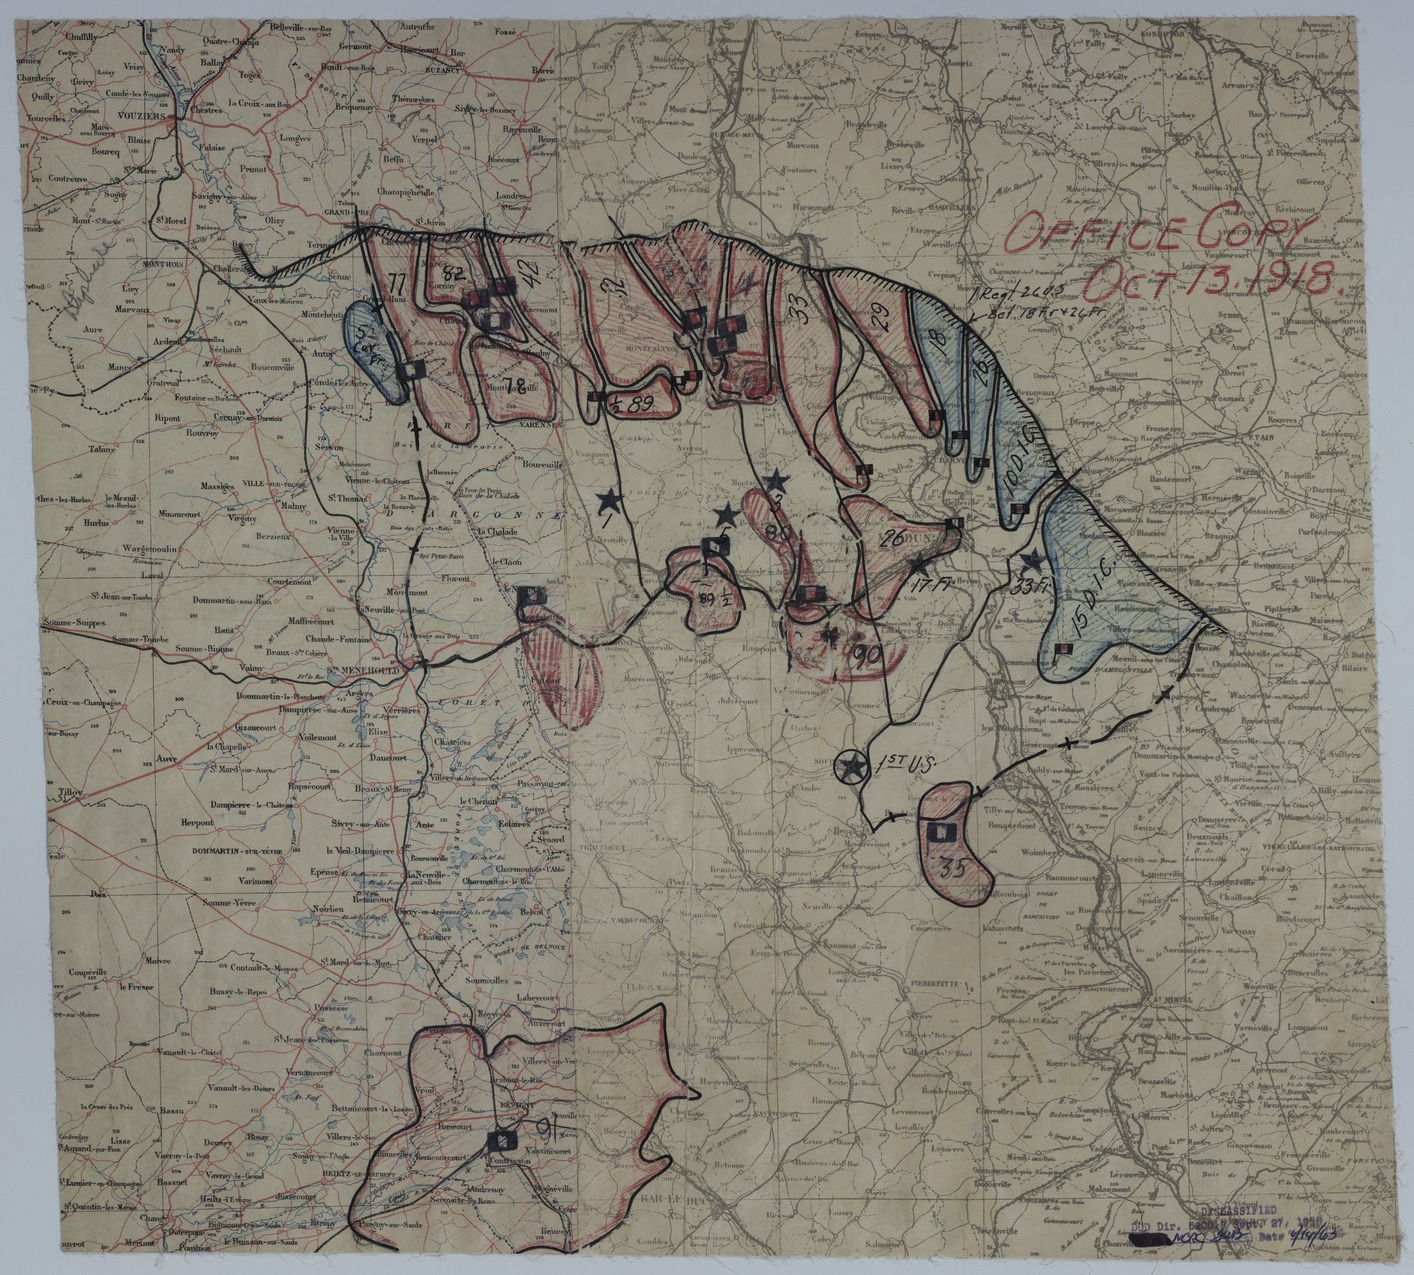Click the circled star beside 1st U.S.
click(x=852, y=767)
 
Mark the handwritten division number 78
click(x=517, y=385)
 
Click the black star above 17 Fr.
click(x=918, y=566)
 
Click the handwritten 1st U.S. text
click(x=902, y=764)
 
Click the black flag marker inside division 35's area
click(x=939, y=830)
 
